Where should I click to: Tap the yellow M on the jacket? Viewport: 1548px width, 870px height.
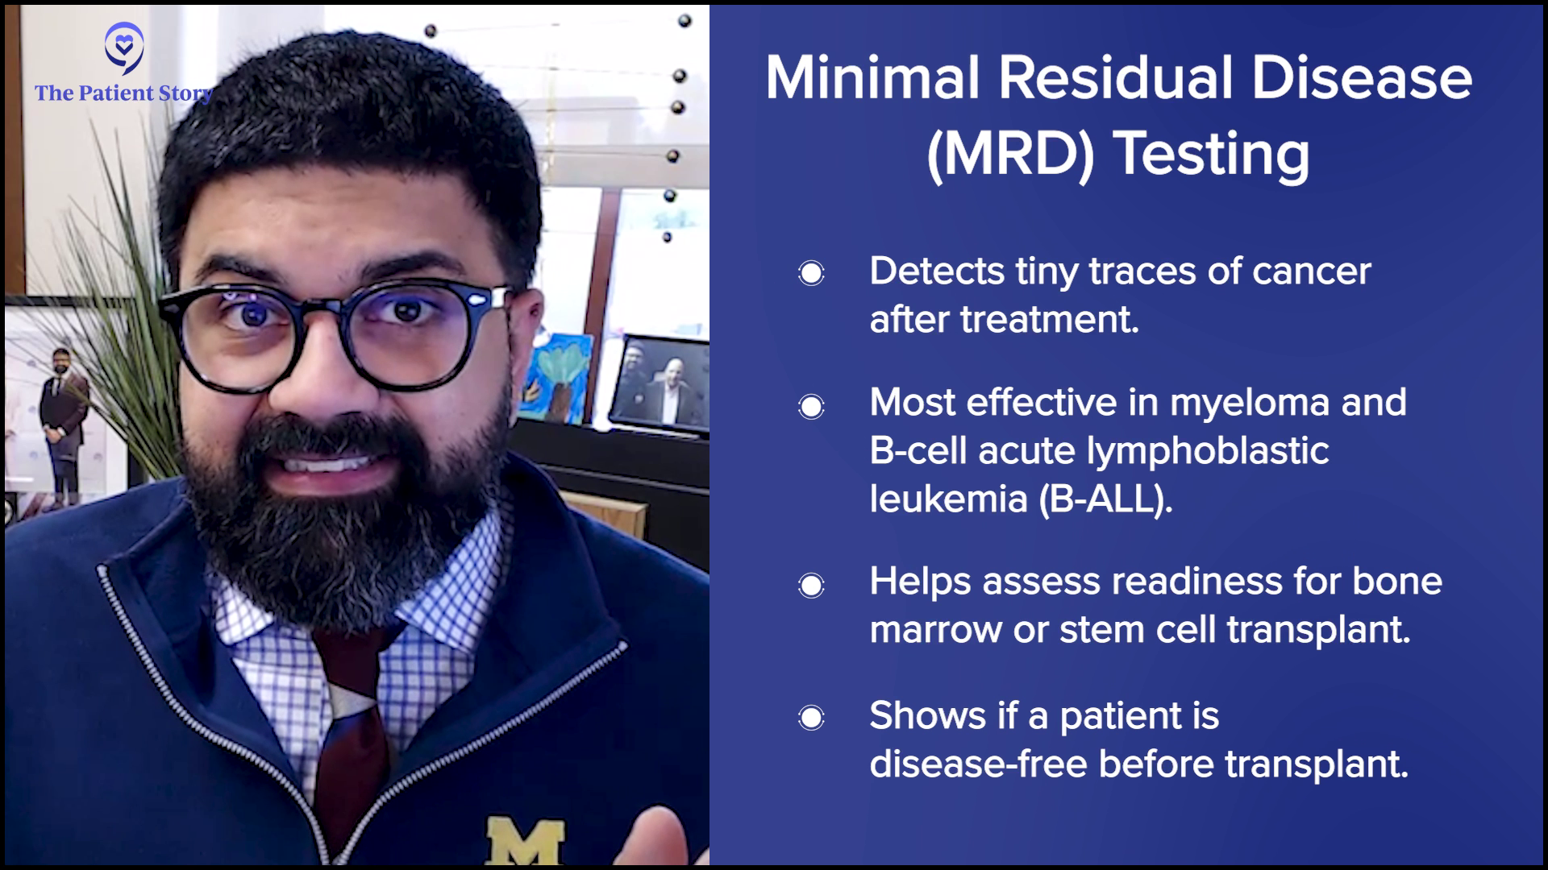[x=525, y=841]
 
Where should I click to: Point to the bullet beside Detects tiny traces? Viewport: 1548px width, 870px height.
[x=811, y=274]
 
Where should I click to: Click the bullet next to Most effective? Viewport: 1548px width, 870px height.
[x=811, y=406]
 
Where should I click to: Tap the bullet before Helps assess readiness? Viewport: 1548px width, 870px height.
[x=811, y=585]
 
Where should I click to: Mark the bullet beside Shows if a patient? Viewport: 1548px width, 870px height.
[x=811, y=717]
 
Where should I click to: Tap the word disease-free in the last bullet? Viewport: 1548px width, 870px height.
[x=978, y=763]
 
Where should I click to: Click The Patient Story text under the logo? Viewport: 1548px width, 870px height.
[x=123, y=94]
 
